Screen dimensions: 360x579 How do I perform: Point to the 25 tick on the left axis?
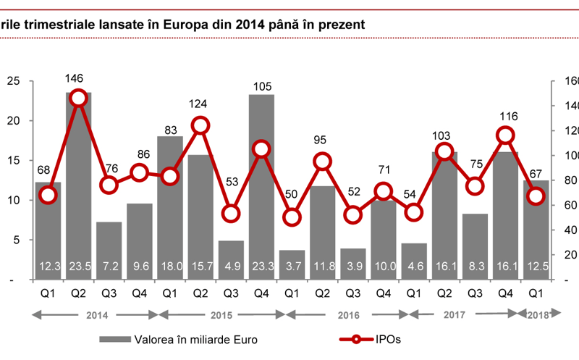[x=13, y=81]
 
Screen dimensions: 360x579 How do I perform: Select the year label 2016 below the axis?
[x=348, y=314]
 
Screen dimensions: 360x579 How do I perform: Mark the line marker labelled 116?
[x=505, y=135]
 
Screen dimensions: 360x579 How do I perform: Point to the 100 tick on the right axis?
[x=562, y=156]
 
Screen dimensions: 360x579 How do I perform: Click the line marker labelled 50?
[x=292, y=217]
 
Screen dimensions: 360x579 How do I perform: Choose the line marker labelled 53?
[x=231, y=214]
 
